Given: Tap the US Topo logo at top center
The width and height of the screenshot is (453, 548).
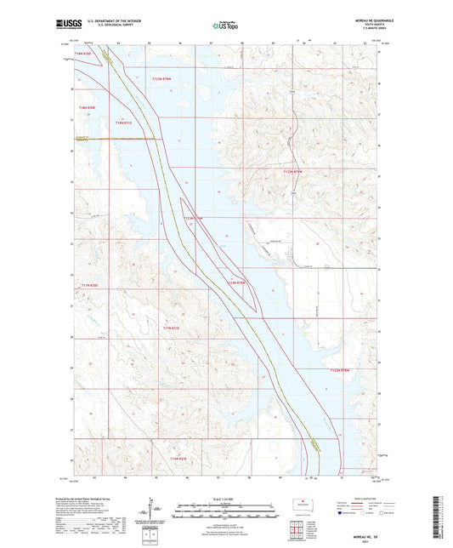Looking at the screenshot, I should pos(225,26).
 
